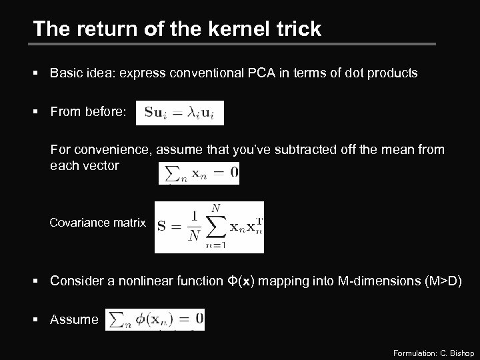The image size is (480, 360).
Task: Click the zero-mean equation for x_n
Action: click(199, 174)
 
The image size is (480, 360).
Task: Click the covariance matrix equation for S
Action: click(209, 227)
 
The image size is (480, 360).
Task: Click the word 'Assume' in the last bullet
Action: click(74, 319)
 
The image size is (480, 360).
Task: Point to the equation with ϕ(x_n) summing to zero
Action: click(155, 319)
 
